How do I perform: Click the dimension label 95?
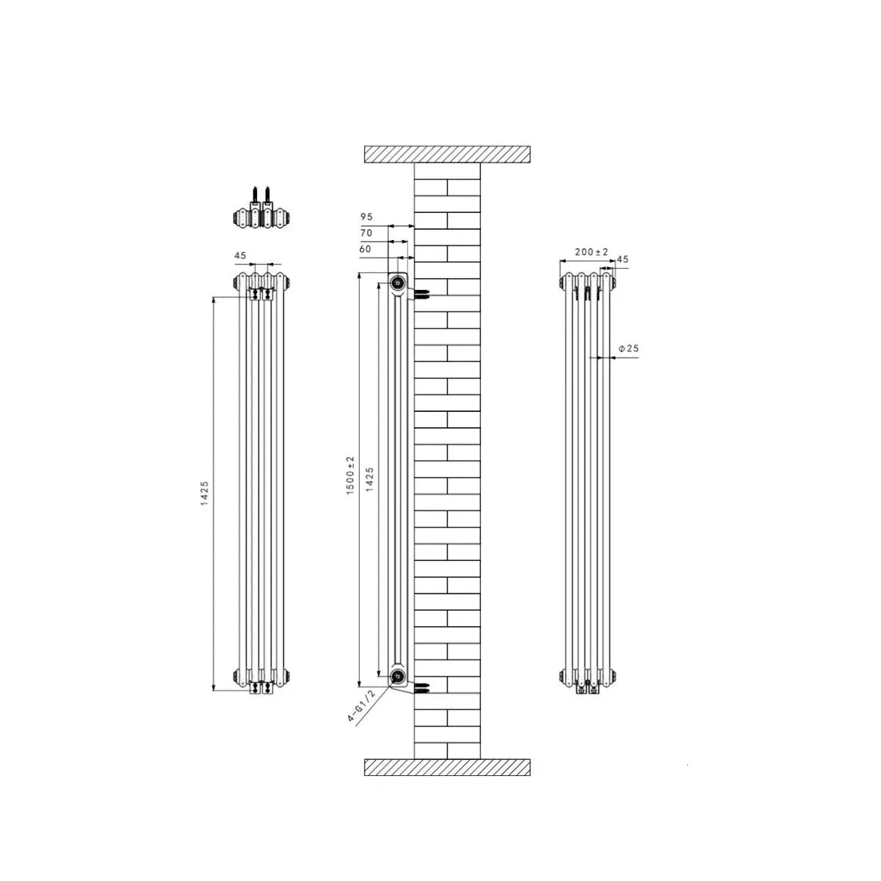tap(366, 217)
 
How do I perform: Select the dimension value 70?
tap(366, 233)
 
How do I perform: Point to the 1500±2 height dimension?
tap(350, 474)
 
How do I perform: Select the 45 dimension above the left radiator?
tap(239, 255)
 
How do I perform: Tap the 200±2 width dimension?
tap(592, 252)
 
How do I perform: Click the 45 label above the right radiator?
tap(623, 258)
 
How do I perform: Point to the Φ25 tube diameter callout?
tap(628, 349)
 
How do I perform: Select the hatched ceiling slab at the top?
tap(447, 154)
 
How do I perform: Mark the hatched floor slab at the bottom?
tap(447, 767)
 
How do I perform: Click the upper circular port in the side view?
tap(398, 282)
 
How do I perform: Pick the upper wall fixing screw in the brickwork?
tap(421, 294)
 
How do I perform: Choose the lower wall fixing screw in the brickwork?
tap(421, 689)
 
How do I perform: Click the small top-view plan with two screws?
tap(261, 213)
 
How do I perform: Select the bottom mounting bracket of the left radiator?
tap(261, 687)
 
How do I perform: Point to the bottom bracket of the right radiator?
tap(587, 688)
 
